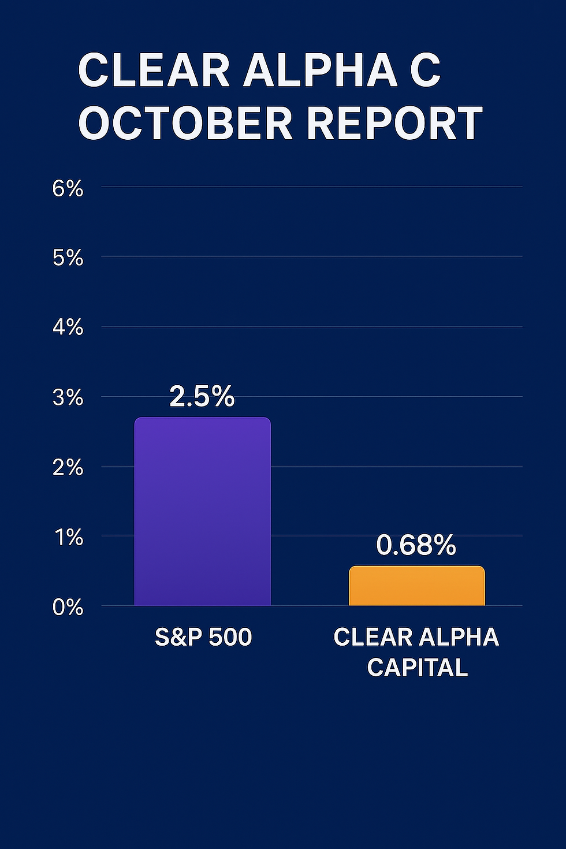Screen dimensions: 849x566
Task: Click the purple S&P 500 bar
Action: point(202,511)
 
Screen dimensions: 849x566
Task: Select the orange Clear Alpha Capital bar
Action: point(416,586)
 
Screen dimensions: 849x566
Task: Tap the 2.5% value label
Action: point(202,396)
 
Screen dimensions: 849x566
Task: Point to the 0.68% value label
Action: point(416,545)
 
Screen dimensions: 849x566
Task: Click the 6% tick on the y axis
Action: point(68,188)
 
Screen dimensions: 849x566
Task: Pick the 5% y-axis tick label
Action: point(68,258)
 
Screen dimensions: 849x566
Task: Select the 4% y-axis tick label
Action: point(68,328)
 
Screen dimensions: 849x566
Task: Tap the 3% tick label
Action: point(68,398)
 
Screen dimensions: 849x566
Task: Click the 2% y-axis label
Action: point(68,468)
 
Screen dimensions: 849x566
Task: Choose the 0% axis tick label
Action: point(68,608)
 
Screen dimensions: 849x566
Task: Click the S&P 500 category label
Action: point(203,637)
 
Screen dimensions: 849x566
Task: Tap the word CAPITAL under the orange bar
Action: point(417,668)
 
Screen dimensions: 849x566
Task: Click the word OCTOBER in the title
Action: point(185,123)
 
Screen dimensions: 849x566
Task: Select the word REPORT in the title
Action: point(394,123)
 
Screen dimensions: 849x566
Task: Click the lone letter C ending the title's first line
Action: point(425,70)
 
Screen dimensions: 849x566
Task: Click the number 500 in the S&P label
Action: point(230,637)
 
